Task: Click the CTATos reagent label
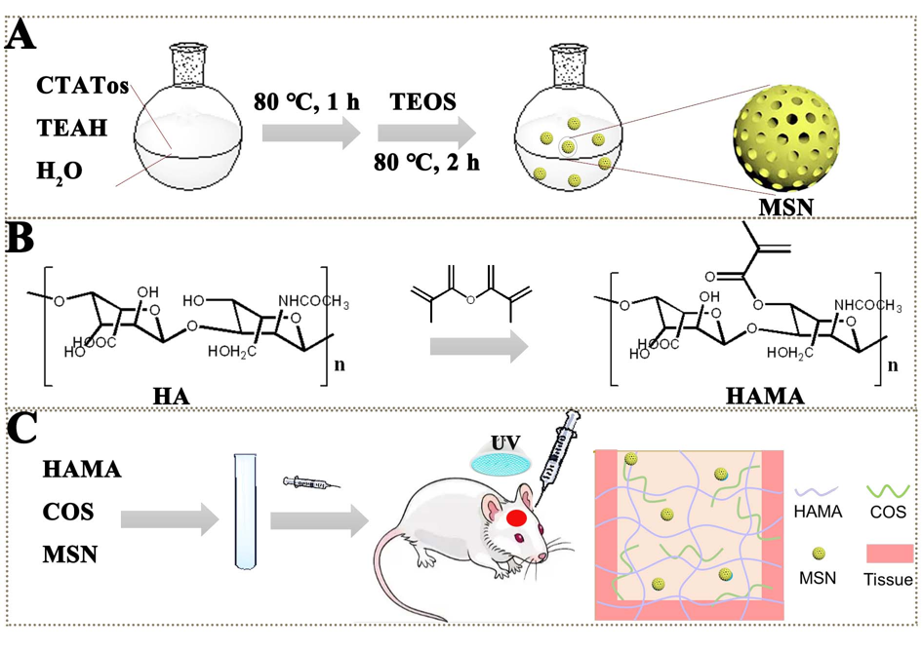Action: tap(83, 85)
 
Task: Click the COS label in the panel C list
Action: tap(69, 512)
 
